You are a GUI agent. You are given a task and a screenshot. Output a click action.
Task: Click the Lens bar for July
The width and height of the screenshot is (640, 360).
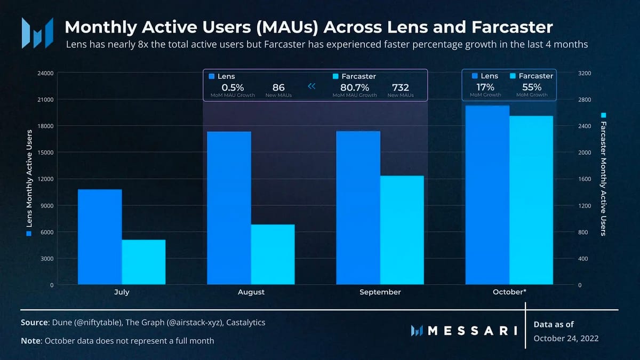tap(100, 237)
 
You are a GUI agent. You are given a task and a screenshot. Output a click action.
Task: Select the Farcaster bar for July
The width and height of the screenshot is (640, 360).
tap(143, 262)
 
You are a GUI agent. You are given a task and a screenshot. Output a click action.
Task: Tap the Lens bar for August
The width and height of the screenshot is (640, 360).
tap(229, 208)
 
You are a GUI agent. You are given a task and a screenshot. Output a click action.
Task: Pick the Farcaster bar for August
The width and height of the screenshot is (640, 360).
tap(273, 254)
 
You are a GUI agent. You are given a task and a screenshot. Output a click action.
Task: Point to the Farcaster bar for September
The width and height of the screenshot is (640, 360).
tap(402, 230)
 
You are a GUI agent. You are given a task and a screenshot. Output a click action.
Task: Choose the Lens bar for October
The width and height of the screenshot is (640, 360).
tap(487, 195)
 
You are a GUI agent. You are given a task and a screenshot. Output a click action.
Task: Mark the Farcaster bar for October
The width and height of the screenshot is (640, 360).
tap(531, 200)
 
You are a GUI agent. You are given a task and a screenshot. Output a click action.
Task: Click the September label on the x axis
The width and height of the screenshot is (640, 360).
tap(380, 292)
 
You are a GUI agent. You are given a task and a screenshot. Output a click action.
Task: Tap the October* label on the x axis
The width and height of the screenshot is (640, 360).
tap(509, 292)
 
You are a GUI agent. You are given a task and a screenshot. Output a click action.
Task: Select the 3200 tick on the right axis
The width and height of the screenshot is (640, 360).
tap(585, 73)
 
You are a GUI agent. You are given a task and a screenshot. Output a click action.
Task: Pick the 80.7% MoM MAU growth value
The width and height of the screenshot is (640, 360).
tap(354, 87)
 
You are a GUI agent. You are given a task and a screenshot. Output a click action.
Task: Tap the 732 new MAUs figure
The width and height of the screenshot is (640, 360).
tap(401, 87)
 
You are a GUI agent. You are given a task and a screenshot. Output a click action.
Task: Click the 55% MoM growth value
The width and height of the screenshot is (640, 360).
tap(531, 87)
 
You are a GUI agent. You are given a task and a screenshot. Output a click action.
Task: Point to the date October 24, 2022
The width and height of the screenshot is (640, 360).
tap(566, 338)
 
